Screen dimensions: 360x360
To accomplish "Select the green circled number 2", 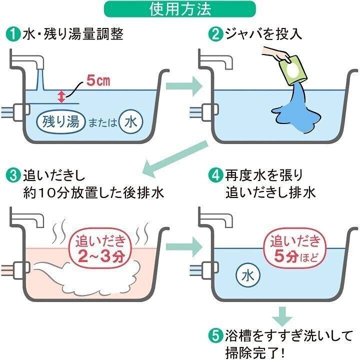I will pyautogui.click(x=215, y=34).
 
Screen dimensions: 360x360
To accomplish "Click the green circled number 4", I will pyautogui.click(x=215, y=175).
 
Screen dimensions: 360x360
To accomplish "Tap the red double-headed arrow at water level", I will pyautogui.click(x=61, y=95).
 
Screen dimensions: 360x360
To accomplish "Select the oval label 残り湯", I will pyautogui.click(x=60, y=121).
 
